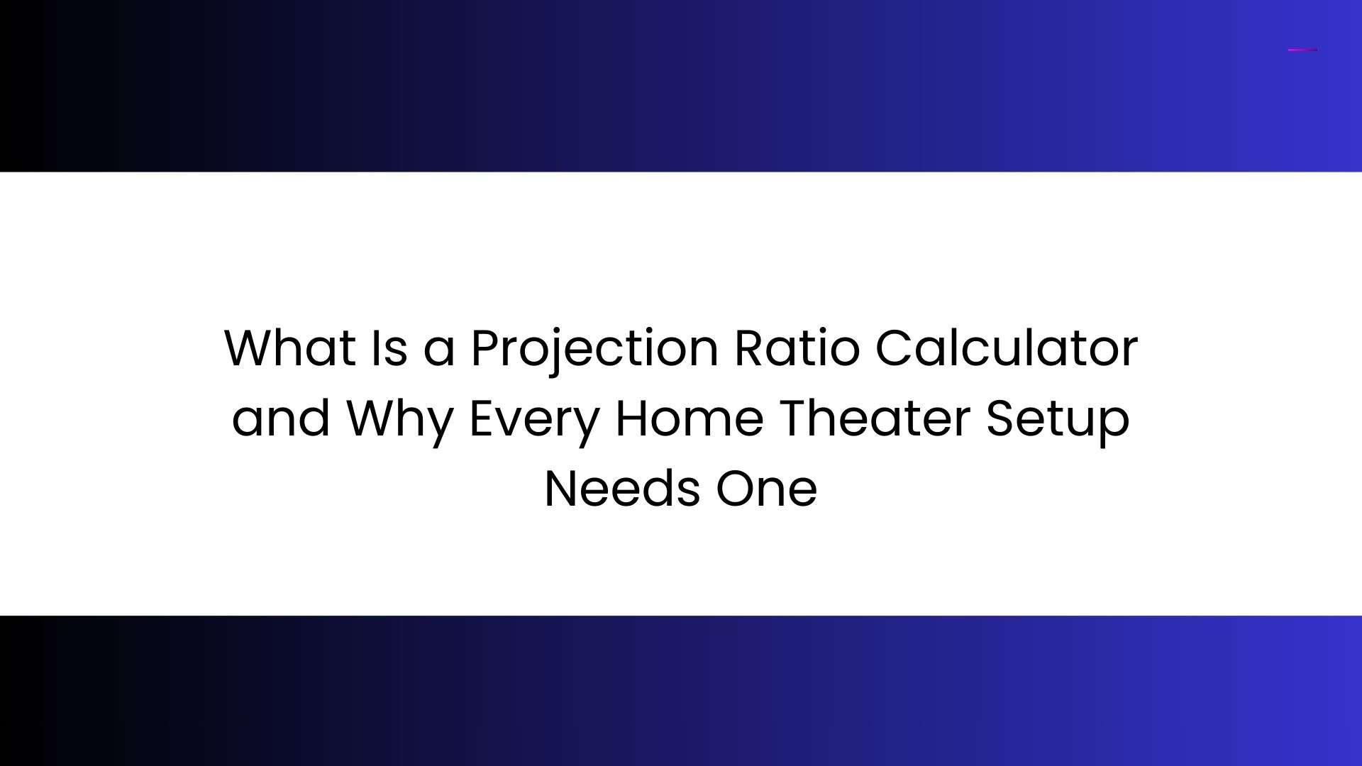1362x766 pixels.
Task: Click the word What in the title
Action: [x=290, y=348]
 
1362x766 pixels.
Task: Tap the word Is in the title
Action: [x=389, y=348]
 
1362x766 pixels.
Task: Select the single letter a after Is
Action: [x=439, y=353]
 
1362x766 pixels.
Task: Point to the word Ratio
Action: [x=797, y=348]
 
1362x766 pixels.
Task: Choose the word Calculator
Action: [x=1007, y=348]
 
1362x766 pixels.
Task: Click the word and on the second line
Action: [x=281, y=418]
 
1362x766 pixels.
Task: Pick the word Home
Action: [x=690, y=418]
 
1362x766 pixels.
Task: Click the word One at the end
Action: [x=766, y=489]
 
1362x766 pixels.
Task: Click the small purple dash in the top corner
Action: [x=1302, y=50]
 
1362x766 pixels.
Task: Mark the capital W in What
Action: [x=253, y=348]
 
